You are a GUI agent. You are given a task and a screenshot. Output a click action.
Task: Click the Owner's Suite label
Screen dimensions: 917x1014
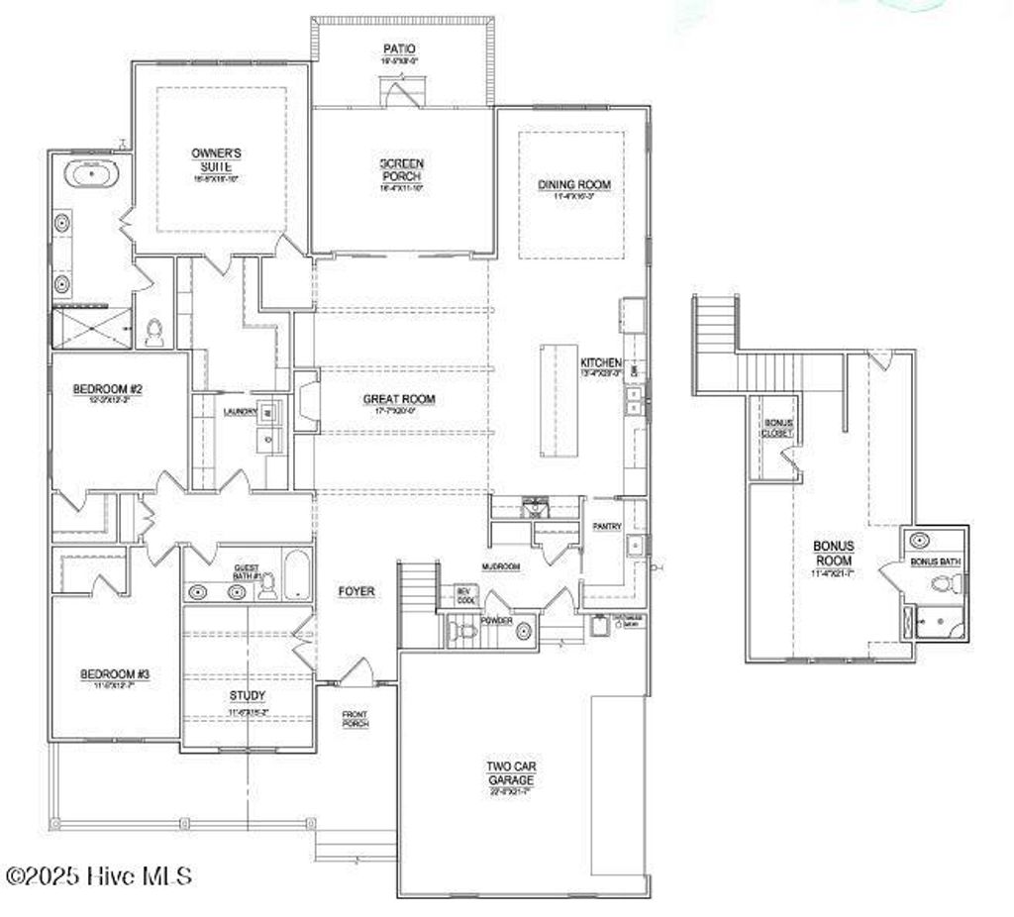point(216,159)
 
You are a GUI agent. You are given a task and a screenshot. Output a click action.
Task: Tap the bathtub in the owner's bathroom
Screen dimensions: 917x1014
point(92,174)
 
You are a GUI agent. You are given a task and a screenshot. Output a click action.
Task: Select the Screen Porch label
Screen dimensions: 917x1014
point(402,169)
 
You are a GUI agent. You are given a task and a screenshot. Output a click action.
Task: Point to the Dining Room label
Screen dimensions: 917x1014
point(574,184)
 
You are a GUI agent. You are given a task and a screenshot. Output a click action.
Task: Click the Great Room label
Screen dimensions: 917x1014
point(398,399)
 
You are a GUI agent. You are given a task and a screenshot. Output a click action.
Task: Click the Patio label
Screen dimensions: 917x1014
point(399,49)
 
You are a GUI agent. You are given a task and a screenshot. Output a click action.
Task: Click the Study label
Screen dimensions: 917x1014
point(248,695)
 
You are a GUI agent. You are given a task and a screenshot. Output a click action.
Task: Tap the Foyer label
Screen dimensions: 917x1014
point(356,591)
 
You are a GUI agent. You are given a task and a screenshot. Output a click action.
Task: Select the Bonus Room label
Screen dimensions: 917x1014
point(834,553)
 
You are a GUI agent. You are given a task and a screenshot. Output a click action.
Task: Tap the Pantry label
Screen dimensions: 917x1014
point(606,527)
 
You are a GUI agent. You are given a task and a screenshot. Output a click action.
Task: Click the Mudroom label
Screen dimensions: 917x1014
point(501,567)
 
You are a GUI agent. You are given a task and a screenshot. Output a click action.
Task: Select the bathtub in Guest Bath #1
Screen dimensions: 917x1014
point(296,575)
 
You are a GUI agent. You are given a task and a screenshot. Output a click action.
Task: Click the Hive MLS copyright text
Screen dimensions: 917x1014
point(98,875)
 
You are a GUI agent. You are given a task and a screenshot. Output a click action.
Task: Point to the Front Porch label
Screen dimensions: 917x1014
point(355,718)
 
